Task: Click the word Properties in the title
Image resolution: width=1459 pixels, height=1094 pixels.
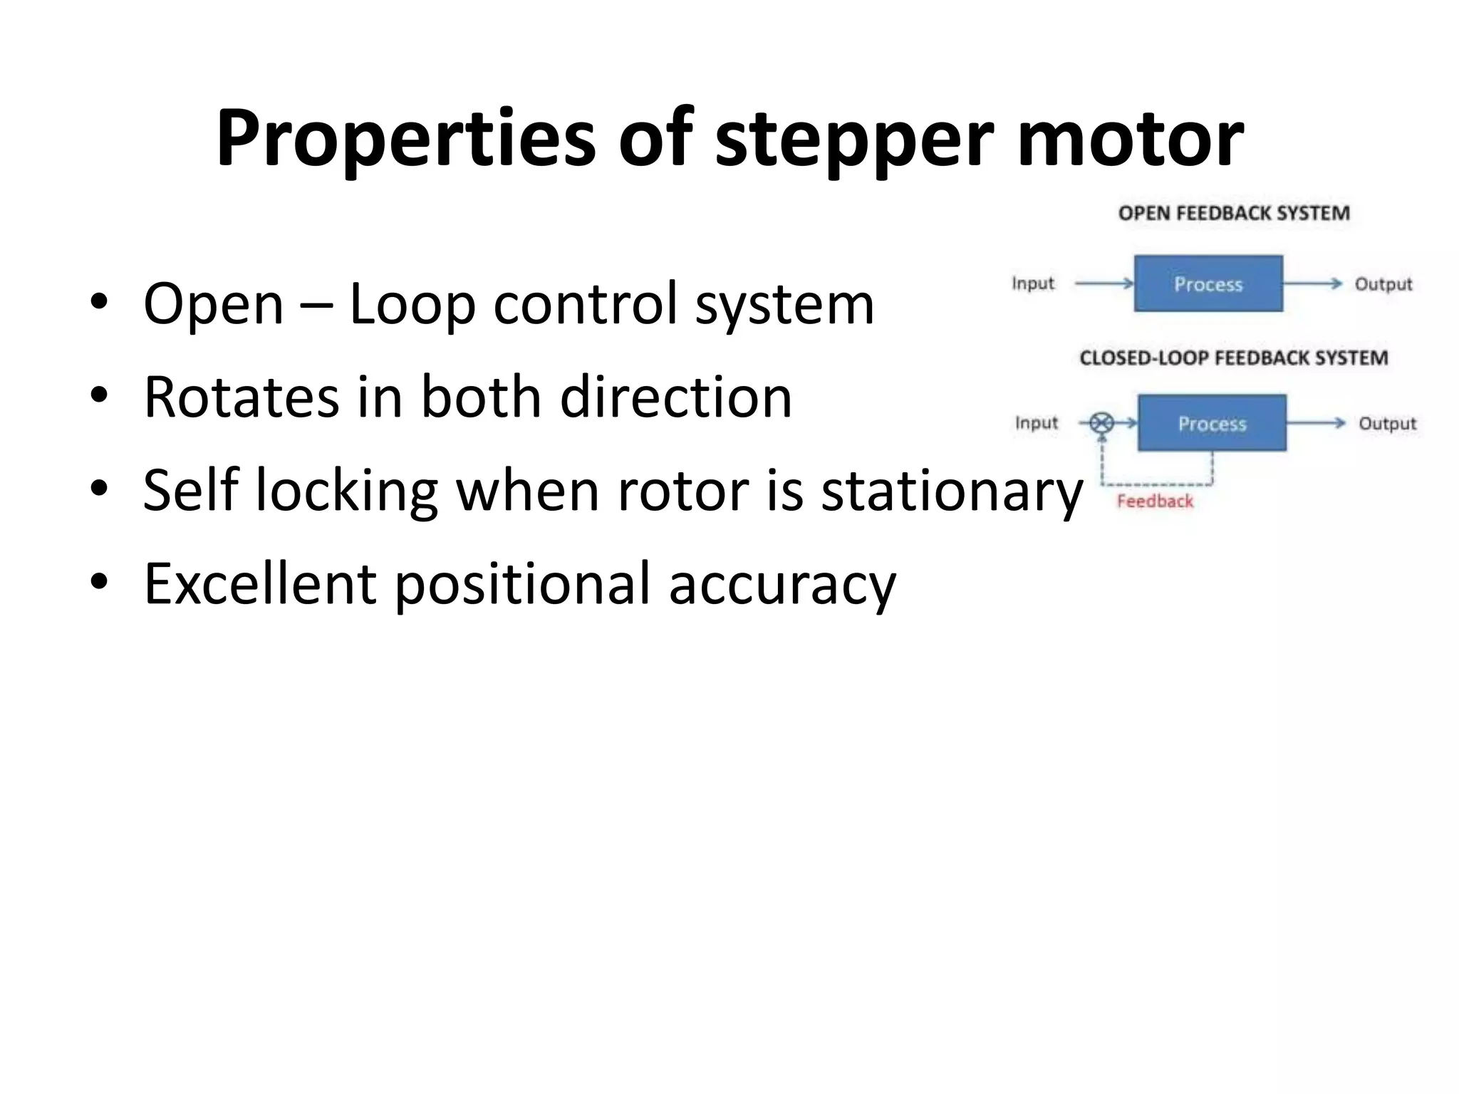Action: point(405,139)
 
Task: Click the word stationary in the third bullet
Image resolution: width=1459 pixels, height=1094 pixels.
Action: point(952,491)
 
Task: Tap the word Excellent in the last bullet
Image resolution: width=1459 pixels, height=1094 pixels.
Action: point(259,584)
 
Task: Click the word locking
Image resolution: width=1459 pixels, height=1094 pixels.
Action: point(346,491)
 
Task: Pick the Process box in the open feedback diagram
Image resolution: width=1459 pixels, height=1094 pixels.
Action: point(1208,283)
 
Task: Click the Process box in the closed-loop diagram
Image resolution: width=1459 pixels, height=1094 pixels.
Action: point(1212,423)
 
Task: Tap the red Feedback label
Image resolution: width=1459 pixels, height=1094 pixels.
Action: point(1154,501)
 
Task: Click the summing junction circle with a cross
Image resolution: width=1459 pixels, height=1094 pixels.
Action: point(1102,423)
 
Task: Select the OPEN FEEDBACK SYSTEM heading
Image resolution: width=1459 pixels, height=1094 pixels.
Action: point(1234,213)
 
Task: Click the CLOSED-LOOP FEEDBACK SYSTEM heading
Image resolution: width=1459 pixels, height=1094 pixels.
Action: point(1233,358)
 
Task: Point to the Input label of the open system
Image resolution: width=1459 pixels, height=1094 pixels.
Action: point(1033,283)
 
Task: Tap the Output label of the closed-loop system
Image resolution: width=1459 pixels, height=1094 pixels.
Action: point(1387,424)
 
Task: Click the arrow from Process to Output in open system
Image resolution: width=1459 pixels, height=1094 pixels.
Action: point(1312,283)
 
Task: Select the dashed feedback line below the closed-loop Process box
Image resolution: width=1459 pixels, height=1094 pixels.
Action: point(1157,484)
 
